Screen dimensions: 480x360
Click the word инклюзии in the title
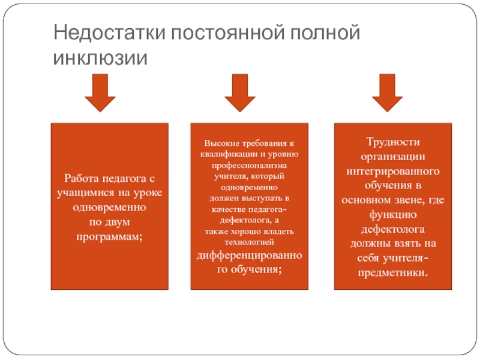click(x=100, y=59)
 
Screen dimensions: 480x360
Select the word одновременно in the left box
click(x=110, y=207)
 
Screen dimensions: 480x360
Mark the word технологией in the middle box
click(x=249, y=242)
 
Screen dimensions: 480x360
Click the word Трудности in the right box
click(x=392, y=142)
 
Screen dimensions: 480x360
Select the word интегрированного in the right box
click(x=392, y=171)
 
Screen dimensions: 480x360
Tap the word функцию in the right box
click(x=392, y=215)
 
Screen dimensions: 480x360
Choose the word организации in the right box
click(x=392, y=157)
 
